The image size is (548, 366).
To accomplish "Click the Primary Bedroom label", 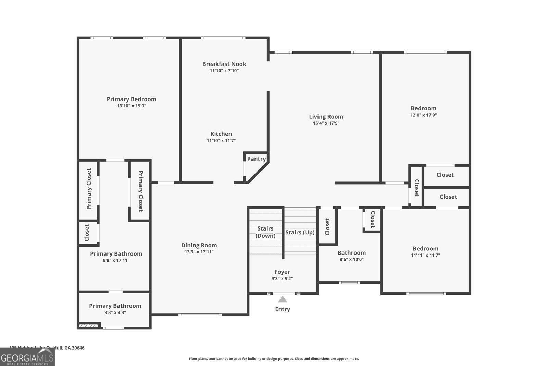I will click(x=131, y=99).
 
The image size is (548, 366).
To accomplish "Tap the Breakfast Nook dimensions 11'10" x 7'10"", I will click(x=224, y=71).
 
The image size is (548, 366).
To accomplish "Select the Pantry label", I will click(x=256, y=159).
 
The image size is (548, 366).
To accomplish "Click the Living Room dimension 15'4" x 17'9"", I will click(x=326, y=123).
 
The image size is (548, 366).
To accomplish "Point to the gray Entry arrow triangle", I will click(x=282, y=299).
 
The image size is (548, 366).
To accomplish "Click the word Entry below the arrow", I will click(x=282, y=309).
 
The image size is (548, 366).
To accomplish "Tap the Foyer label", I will click(x=282, y=272).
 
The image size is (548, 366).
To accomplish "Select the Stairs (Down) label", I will click(x=265, y=232).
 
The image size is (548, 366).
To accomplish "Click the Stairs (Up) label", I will click(x=300, y=232).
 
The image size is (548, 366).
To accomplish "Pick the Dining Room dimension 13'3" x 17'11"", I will click(x=199, y=252).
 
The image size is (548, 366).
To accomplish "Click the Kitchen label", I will click(x=221, y=134).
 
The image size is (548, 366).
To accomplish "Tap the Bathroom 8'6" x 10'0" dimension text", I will click(x=351, y=259).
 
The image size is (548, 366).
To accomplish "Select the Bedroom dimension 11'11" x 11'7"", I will click(x=425, y=255).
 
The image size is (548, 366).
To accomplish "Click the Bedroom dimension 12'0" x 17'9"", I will click(x=423, y=115).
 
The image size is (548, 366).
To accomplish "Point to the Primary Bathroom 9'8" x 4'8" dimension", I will click(x=115, y=312).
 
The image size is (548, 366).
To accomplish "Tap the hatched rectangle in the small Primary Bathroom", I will click(x=89, y=326).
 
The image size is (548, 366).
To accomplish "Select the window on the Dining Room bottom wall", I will click(x=200, y=314).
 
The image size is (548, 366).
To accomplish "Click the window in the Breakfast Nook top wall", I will click(x=223, y=38).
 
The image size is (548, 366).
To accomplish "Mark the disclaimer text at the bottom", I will click(x=274, y=359).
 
